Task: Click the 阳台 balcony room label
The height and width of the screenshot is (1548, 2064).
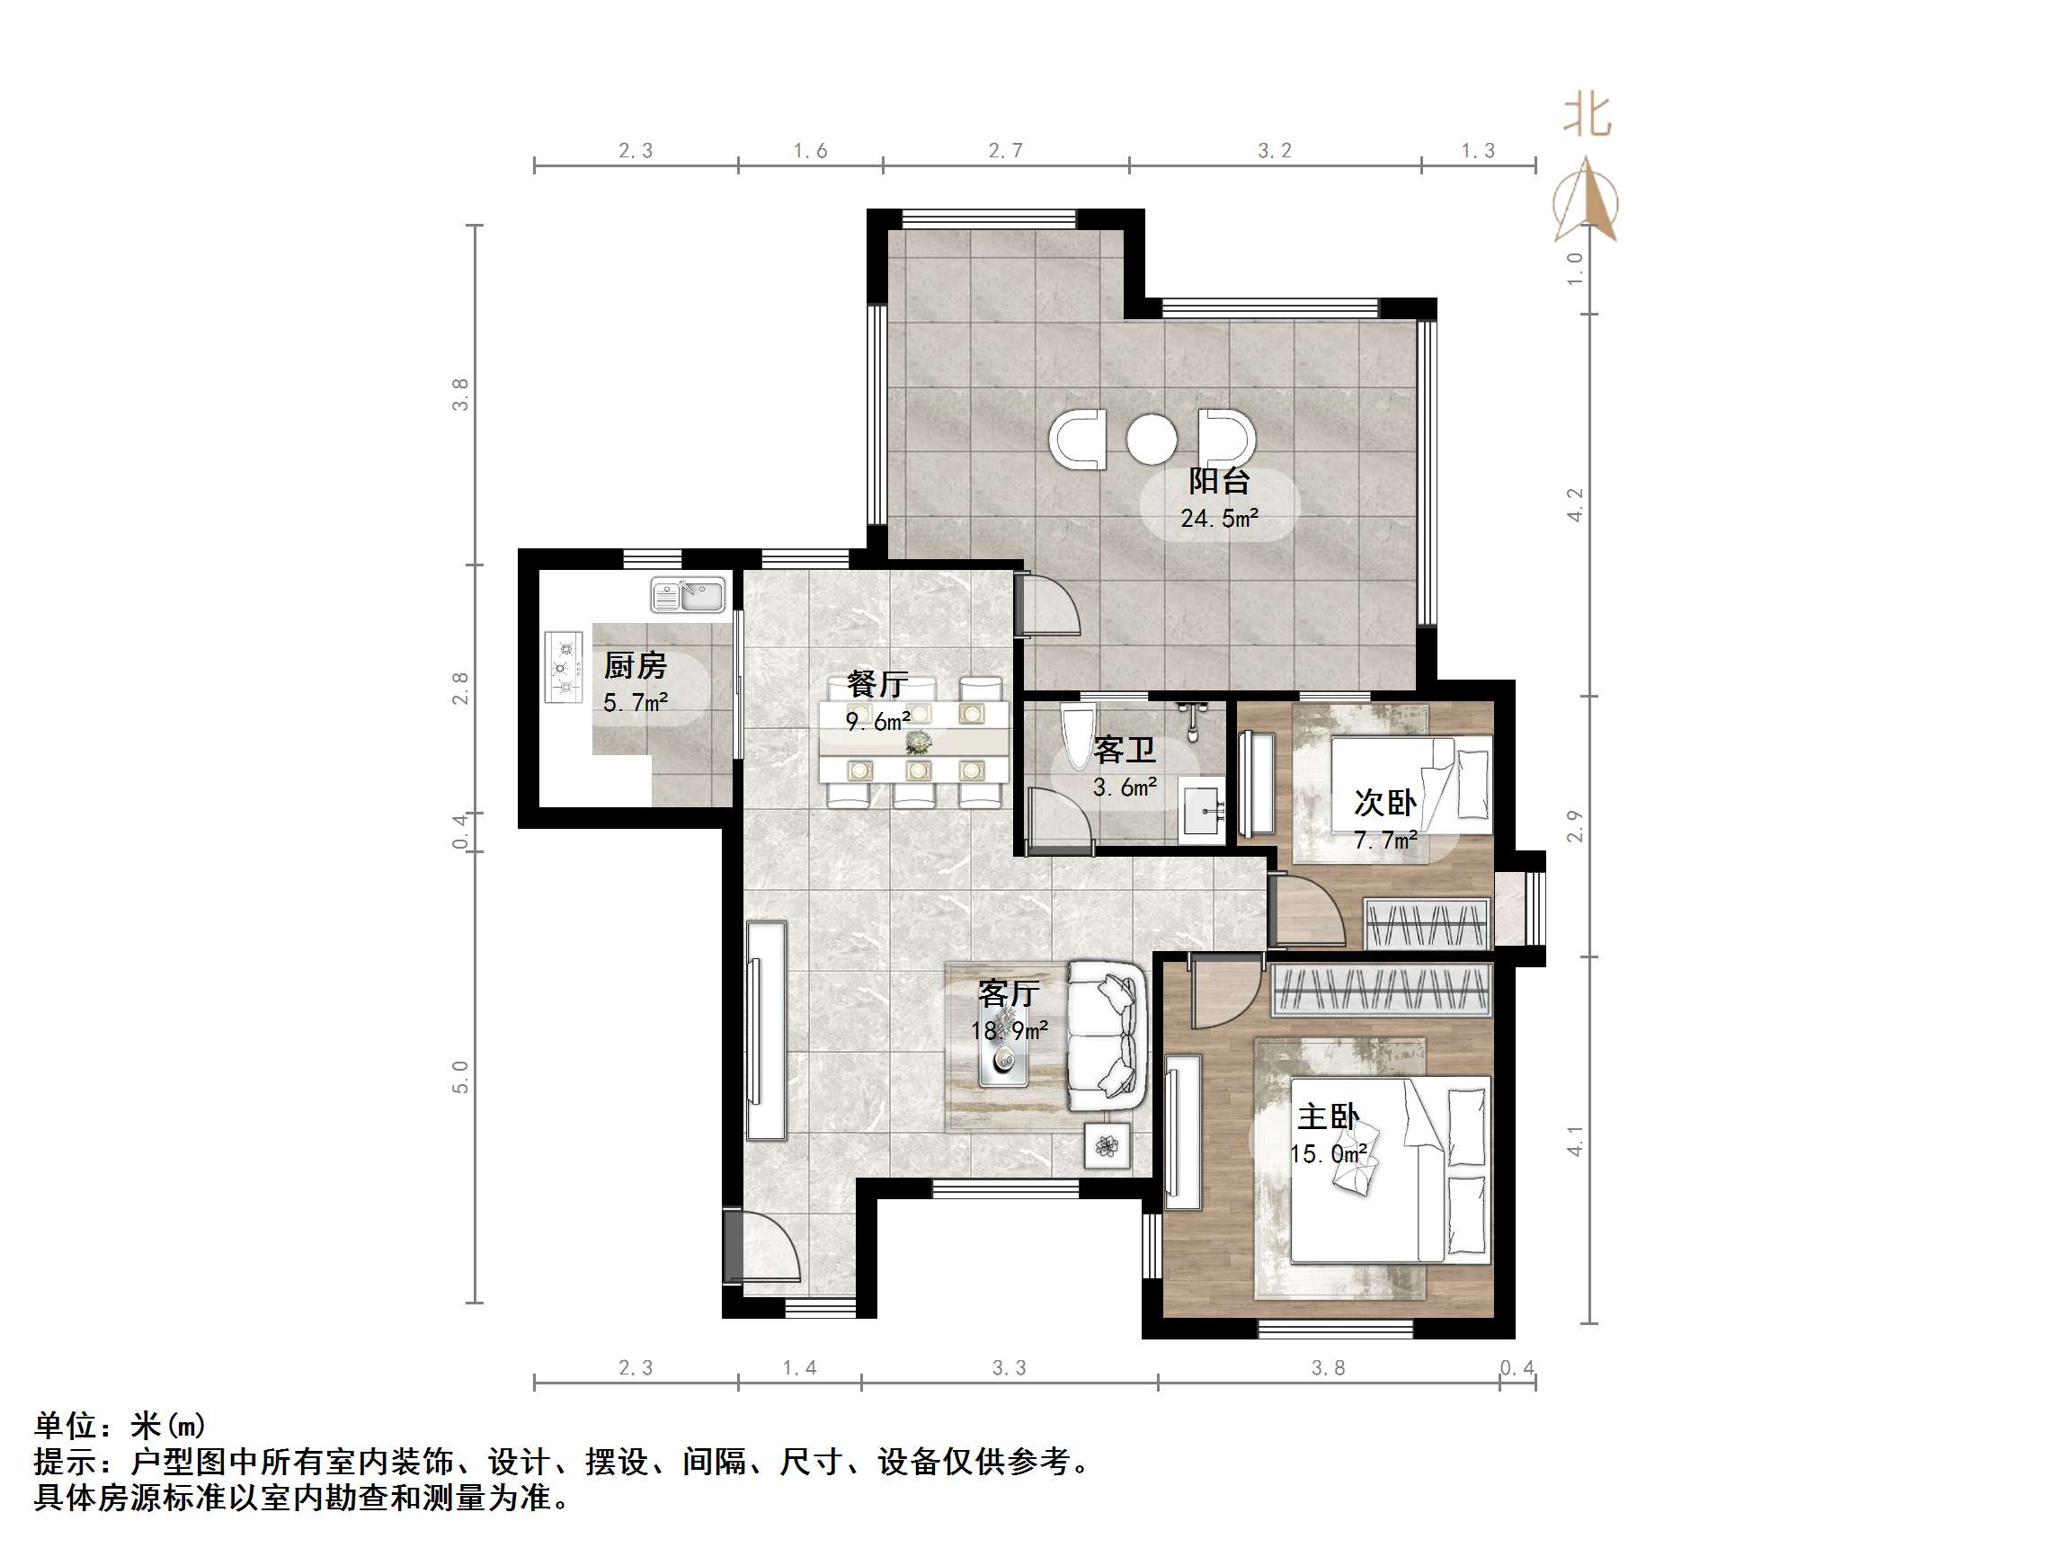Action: click(1219, 482)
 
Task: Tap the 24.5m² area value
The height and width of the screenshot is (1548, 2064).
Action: click(1219, 519)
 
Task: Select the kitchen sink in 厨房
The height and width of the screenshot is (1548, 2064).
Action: click(689, 595)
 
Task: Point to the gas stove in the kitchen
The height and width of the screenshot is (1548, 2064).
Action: click(563, 668)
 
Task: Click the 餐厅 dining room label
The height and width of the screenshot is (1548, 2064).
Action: click(876, 684)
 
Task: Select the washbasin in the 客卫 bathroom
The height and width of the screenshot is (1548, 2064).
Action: click(1201, 810)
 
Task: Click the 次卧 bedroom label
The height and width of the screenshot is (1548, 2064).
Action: click(1384, 803)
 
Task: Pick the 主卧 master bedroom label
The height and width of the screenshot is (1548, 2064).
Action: click(1328, 1117)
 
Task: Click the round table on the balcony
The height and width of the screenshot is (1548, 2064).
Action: click(1152, 439)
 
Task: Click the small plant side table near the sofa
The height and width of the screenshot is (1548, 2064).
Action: click(1108, 1146)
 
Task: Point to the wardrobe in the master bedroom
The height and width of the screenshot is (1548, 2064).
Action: click(1381, 990)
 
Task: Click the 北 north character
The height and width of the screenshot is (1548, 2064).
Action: click(1588, 117)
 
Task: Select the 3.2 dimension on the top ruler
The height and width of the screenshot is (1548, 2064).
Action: click(1274, 151)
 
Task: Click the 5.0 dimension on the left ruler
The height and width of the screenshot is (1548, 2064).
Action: click(460, 1077)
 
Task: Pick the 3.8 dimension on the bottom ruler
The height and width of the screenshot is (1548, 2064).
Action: click(1328, 1368)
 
